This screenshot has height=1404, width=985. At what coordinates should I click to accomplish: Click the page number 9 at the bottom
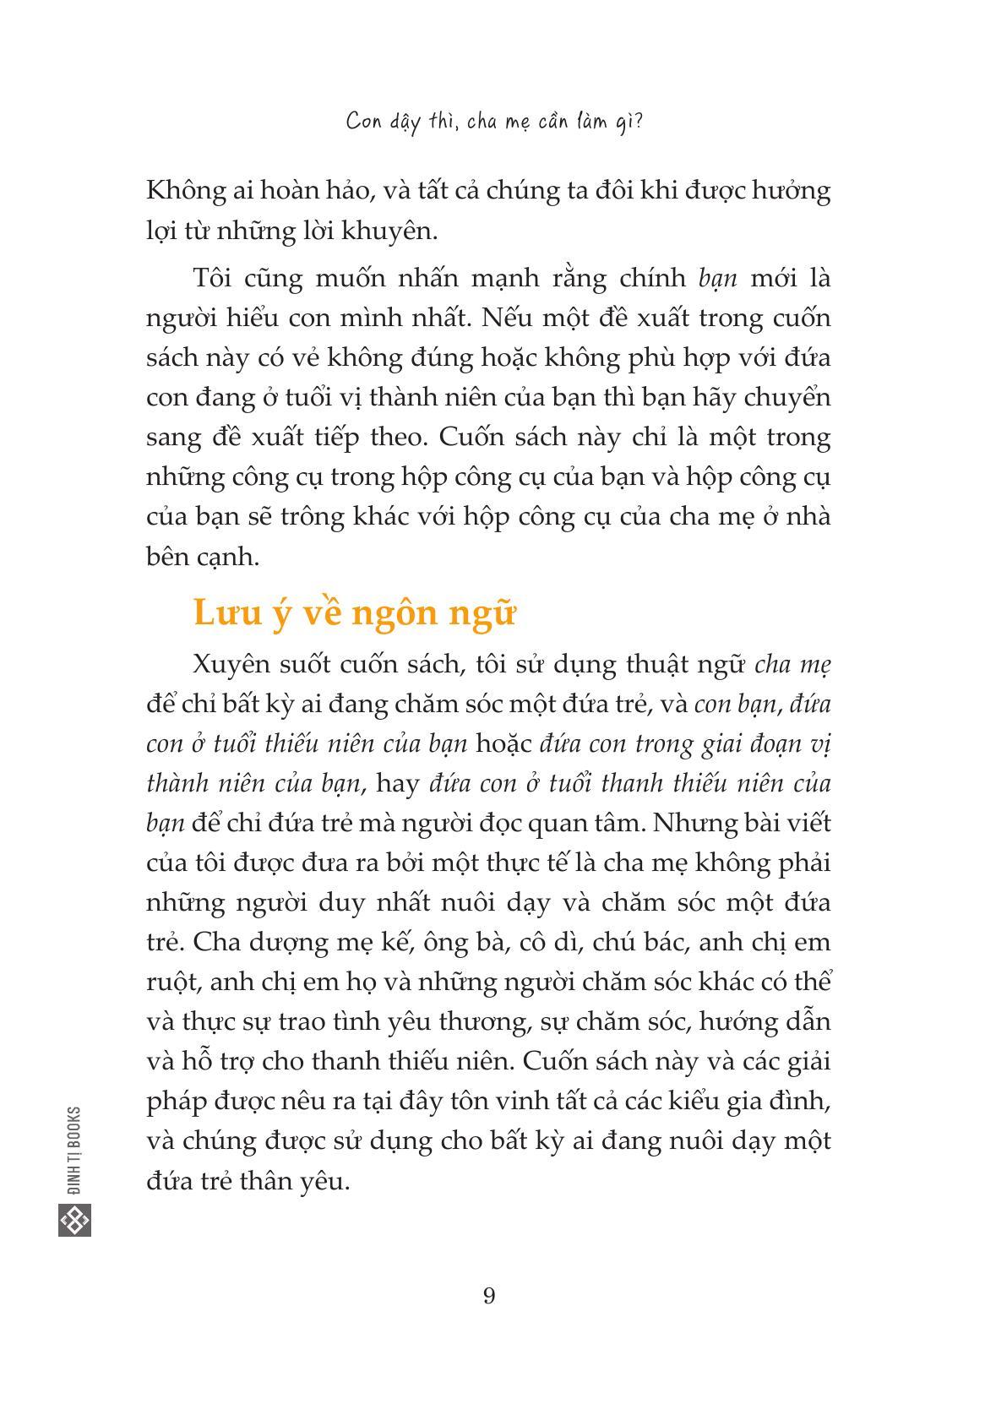click(489, 1295)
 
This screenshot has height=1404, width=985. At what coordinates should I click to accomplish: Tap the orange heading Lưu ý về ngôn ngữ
click(354, 612)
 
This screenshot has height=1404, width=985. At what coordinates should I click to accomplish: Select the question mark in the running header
click(638, 122)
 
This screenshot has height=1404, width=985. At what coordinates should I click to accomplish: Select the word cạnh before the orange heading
click(226, 558)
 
